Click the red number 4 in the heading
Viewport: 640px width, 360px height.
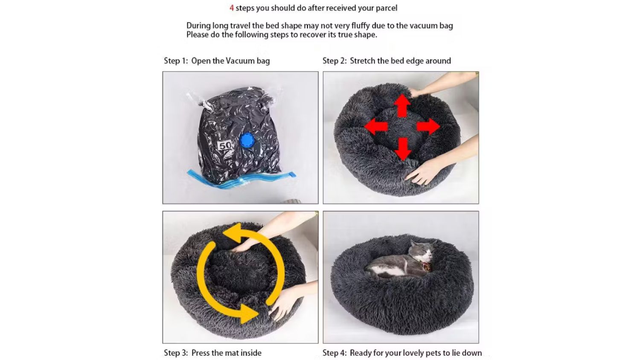tap(232, 8)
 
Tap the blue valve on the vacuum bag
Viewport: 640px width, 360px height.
tap(247, 140)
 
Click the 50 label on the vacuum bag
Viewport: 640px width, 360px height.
tap(225, 145)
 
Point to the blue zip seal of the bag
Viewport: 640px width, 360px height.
tap(241, 179)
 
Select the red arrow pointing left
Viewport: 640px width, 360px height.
tap(376, 127)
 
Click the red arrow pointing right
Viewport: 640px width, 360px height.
tap(428, 127)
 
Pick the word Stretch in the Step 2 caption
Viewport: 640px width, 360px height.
tap(362, 61)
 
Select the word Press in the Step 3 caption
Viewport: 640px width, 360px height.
tap(200, 353)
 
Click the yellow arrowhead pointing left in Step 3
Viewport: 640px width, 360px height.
tap(233, 233)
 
